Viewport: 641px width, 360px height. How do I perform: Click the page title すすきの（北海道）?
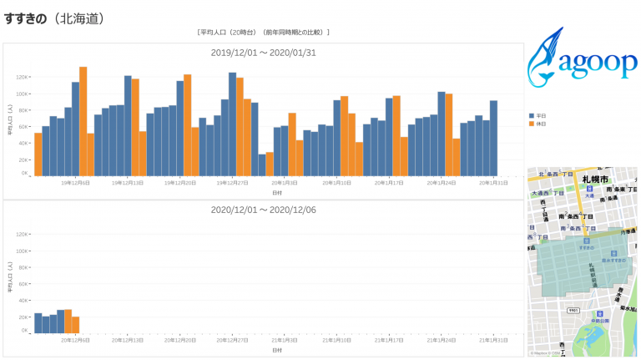click(54, 18)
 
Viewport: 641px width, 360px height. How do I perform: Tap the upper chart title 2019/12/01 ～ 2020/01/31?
click(263, 53)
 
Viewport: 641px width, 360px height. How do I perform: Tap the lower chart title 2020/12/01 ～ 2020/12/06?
click(263, 210)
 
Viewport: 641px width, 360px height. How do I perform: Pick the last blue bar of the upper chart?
click(493, 138)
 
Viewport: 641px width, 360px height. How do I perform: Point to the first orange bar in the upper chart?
click(38, 154)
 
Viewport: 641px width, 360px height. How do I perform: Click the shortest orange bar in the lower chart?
click(75, 324)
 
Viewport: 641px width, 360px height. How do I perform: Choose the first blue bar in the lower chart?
click(38, 322)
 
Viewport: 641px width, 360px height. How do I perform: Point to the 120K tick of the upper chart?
click(23, 77)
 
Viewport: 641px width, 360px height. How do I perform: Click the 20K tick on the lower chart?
click(23, 317)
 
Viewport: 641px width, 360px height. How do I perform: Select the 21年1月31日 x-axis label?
click(493, 340)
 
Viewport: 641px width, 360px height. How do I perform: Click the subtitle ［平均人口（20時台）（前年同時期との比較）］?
click(263, 33)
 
